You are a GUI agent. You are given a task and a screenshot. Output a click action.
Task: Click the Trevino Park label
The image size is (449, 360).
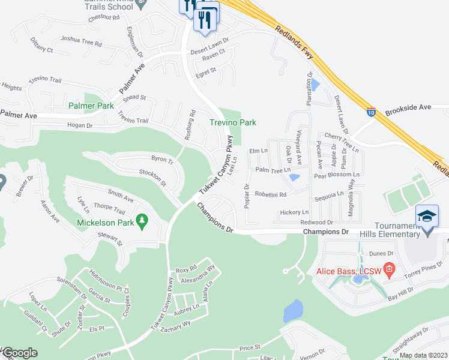tap(232, 122)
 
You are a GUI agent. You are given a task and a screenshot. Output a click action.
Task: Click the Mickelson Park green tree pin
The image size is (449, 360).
tap(142, 222)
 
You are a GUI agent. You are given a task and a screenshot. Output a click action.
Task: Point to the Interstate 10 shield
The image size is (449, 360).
tap(373, 111)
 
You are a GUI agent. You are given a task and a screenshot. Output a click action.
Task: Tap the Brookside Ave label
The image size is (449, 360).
tap(408, 107)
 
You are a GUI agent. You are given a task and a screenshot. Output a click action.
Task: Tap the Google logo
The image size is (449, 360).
tap(19, 353)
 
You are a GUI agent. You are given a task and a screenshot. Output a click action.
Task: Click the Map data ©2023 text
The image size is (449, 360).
tap(423, 355)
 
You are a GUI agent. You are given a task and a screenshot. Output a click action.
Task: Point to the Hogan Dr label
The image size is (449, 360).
tap(80, 125)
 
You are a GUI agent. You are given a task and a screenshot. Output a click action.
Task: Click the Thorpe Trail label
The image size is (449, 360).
tap(109, 212)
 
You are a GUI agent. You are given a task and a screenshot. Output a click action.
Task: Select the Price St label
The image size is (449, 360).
tap(249, 347)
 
